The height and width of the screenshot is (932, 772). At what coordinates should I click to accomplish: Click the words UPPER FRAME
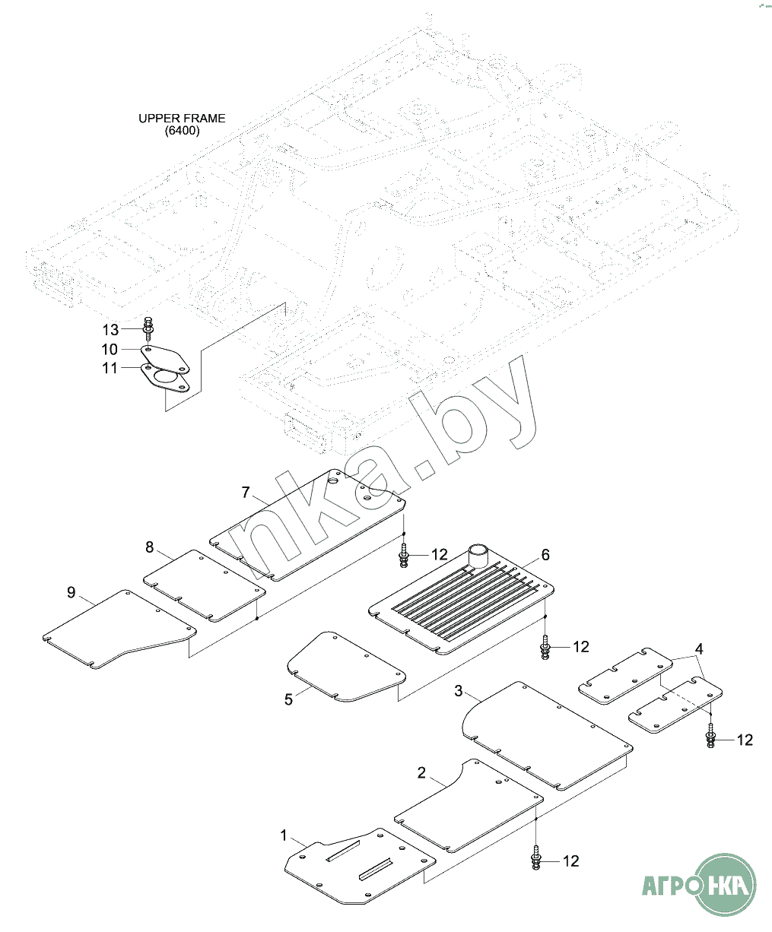[182, 119]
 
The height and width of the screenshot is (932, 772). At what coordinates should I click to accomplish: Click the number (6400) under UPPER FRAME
[182, 131]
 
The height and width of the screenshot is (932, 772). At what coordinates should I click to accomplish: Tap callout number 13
[111, 330]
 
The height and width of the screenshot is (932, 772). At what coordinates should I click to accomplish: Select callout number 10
[110, 349]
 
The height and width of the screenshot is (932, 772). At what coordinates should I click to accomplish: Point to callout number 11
[110, 368]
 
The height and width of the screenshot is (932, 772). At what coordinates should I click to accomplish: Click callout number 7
[246, 493]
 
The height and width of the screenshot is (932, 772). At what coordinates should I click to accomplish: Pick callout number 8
[150, 547]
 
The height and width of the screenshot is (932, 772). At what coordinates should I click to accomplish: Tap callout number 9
[71, 592]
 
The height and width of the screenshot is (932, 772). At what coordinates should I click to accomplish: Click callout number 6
[545, 555]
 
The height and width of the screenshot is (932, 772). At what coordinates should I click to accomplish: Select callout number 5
[288, 699]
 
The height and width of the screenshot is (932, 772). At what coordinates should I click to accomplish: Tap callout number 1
[284, 835]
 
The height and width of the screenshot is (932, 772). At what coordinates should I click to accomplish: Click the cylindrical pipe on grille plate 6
[478, 556]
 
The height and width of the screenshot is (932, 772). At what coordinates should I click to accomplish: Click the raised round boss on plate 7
[332, 480]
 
